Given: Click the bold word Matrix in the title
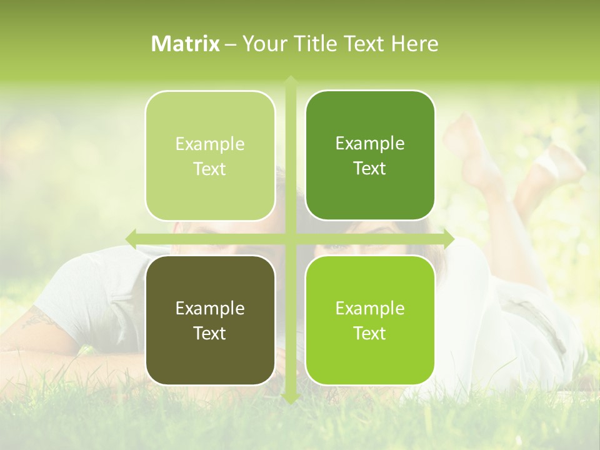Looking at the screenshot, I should click(186, 44).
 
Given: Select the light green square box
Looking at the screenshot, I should click(210, 156).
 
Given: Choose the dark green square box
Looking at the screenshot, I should click(370, 156).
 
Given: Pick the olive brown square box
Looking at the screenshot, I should click(210, 320).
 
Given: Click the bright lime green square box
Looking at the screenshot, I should click(370, 320).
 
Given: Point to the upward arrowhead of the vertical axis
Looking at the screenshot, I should click(290, 81).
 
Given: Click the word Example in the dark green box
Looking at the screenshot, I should click(370, 144).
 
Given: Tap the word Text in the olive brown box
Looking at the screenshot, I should click(210, 333).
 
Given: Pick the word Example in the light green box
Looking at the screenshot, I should click(210, 144).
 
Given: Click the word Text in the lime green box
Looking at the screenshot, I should click(370, 333).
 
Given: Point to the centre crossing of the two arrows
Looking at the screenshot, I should click(290, 239).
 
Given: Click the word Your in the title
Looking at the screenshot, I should click(262, 44).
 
